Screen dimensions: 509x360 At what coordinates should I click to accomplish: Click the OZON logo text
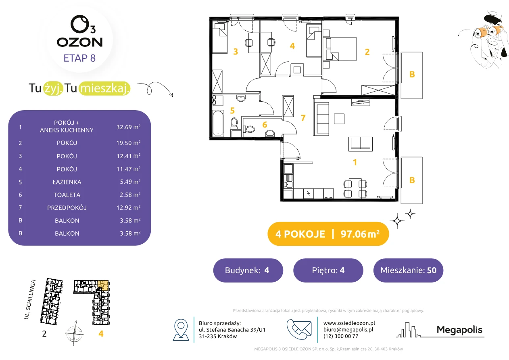[x=79, y=42]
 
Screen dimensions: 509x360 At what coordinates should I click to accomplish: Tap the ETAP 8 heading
[x=79, y=58]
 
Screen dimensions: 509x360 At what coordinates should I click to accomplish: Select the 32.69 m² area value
[x=128, y=127]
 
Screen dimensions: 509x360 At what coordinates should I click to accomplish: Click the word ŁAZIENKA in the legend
[x=67, y=182]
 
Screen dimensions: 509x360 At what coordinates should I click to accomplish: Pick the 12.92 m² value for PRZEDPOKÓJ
[x=128, y=207]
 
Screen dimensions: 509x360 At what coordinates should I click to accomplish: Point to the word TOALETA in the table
[x=67, y=195]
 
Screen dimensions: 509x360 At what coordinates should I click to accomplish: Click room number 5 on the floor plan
[x=232, y=111]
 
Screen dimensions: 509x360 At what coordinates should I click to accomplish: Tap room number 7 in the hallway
[x=303, y=118]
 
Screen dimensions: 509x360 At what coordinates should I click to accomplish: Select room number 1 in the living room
[x=355, y=162]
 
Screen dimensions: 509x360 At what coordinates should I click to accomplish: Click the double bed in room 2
[x=341, y=49]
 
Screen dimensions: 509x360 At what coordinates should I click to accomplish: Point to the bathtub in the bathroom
[x=218, y=123]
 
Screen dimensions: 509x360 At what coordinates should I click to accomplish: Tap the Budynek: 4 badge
[x=248, y=270]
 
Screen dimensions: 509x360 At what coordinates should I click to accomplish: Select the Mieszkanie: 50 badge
[x=408, y=270]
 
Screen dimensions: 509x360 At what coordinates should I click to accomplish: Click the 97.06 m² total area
[x=360, y=234]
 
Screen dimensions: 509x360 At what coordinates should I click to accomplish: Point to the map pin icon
[x=181, y=329]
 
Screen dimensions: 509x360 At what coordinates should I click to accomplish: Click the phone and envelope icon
[x=299, y=329]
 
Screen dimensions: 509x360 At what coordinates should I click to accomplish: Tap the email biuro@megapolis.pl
[x=348, y=329]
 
